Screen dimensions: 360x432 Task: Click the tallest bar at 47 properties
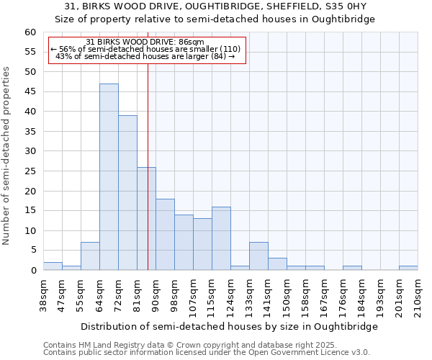(109, 177)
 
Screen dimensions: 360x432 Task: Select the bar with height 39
(127, 193)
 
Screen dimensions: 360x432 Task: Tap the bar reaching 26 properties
(146, 219)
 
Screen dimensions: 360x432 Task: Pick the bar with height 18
(165, 235)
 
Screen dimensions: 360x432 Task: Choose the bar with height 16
(221, 238)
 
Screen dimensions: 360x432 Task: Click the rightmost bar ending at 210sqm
(408, 268)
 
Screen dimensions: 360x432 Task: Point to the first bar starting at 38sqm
(53, 266)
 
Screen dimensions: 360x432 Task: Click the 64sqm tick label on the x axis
(99, 295)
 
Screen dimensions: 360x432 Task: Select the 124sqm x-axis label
(230, 295)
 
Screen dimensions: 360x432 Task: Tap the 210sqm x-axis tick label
(418, 295)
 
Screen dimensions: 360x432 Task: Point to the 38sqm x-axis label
(43, 295)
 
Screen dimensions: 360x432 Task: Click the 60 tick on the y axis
(30, 32)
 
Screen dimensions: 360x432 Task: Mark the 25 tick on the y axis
(30, 171)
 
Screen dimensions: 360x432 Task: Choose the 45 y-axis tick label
(30, 92)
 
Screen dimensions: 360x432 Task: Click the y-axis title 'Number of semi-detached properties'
(7, 156)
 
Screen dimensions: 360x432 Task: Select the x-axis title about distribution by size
(229, 326)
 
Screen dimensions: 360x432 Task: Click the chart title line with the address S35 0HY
(215, 6)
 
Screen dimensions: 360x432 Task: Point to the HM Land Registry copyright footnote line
(185, 345)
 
